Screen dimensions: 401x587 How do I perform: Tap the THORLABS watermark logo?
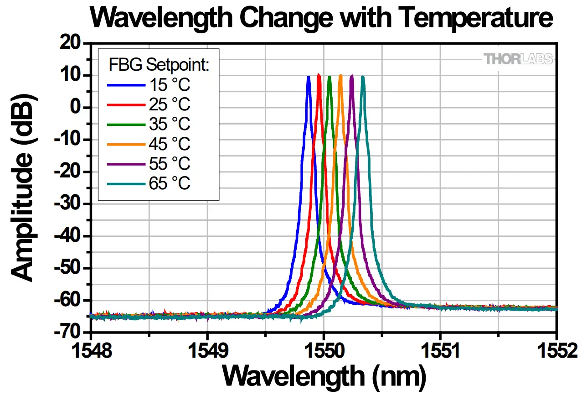coord(518,59)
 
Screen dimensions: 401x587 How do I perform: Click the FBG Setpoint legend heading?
coord(159,65)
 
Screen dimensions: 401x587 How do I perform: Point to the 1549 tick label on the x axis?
coord(207,351)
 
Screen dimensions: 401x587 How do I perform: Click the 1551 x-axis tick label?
coord(440,351)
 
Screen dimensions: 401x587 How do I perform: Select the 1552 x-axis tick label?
coord(556,351)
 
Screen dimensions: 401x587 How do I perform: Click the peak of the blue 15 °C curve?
coord(309,78)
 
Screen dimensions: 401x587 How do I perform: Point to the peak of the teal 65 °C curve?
coord(363,78)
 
